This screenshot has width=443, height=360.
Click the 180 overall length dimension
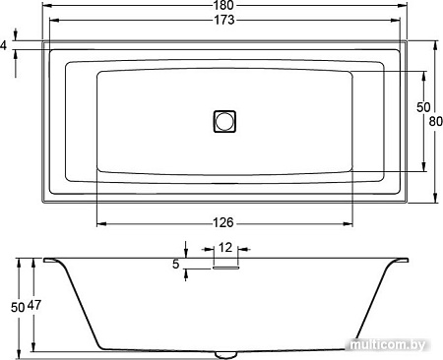pyautogui.click(x=223, y=5)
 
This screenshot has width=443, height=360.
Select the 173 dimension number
pyautogui.click(x=224, y=20)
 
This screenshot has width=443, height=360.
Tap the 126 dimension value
pyautogui.click(x=223, y=223)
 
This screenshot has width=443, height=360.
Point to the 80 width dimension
pyautogui.click(x=436, y=122)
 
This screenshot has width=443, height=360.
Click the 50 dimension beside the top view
pyautogui.click(x=423, y=107)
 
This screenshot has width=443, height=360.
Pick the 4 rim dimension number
pyautogui.click(x=3, y=45)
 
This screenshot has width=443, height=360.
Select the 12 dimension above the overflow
pyautogui.click(x=225, y=248)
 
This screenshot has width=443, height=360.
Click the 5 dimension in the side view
pyautogui.click(x=176, y=264)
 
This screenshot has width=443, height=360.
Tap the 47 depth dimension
pyautogui.click(x=34, y=305)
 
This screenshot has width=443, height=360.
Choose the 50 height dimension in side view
pyautogui.click(x=18, y=308)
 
